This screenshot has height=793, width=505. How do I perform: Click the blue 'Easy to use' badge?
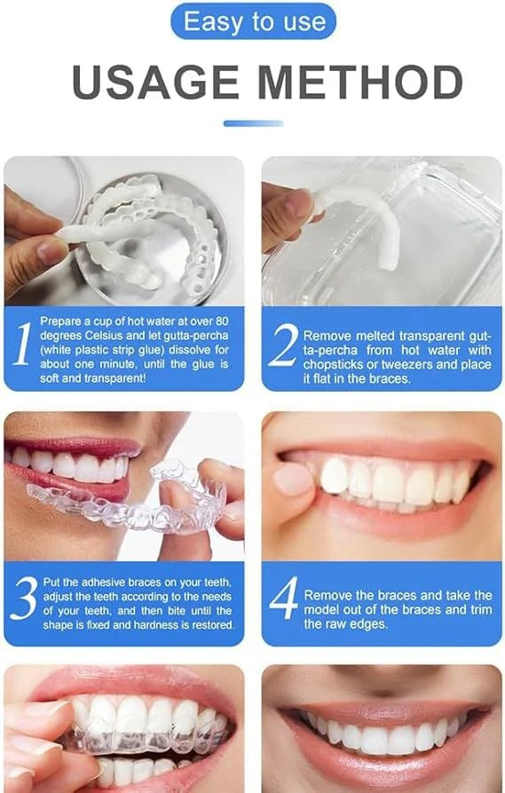pos(253,21)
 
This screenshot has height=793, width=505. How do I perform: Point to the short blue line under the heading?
pos(253,123)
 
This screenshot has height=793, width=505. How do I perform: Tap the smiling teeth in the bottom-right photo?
pos(382,737)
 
